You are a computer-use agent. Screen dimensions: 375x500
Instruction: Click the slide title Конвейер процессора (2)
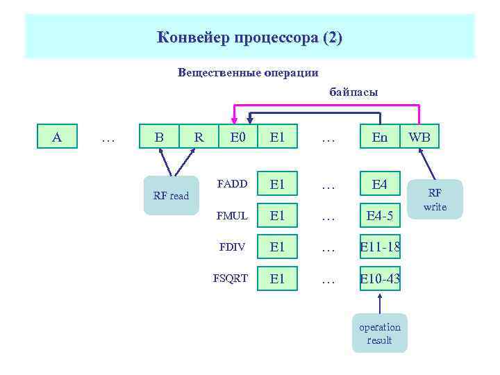tap(249, 37)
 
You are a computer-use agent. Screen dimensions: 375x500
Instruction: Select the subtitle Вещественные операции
tap(249, 72)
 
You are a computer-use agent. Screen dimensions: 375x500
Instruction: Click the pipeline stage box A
tap(57, 137)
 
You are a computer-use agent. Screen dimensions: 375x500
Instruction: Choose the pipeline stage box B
tap(159, 137)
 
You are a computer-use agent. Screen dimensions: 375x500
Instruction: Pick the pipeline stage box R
tap(199, 137)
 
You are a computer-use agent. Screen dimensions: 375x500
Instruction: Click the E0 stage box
tap(238, 137)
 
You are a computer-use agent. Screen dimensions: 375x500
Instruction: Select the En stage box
tap(380, 137)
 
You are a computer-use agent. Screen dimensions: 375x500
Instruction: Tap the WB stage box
tap(420, 137)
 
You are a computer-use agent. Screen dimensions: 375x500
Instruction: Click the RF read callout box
tap(171, 195)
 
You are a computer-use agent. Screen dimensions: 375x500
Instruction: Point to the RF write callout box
tap(435, 199)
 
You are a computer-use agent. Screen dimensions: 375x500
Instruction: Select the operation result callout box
tap(380, 333)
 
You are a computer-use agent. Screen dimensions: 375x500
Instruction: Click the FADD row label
tap(231, 185)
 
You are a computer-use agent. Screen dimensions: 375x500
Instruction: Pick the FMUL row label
tap(232, 216)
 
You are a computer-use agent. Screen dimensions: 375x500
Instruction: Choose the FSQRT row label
tap(230, 279)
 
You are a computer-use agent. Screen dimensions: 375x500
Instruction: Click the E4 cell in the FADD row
tap(380, 185)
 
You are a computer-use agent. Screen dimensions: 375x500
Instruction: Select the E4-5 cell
tap(380, 217)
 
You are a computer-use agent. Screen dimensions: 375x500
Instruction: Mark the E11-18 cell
tap(380, 248)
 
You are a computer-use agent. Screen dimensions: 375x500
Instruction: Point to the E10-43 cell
tap(380, 279)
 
